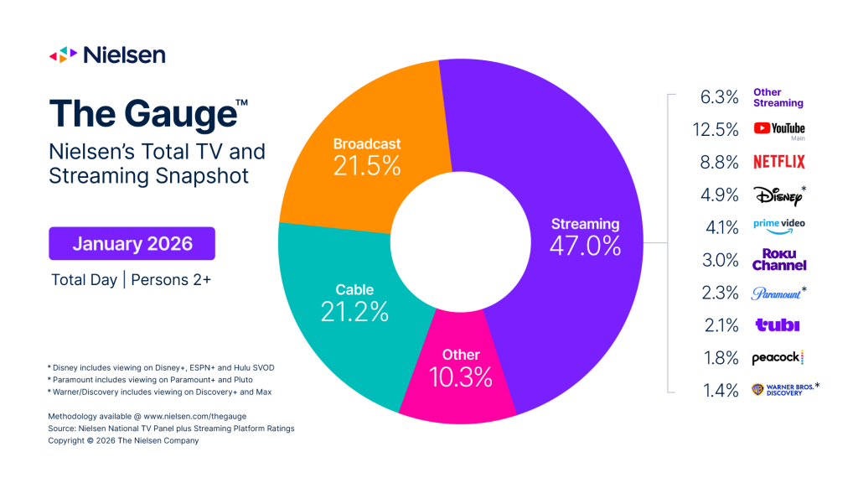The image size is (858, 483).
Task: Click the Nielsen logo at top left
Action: tap(106, 55)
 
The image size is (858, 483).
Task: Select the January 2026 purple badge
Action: tap(132, 244)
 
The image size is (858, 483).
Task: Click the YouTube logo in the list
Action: tap(778, 129)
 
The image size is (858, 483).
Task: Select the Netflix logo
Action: tap(778, 161)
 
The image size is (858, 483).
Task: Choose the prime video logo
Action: tap(778, 226)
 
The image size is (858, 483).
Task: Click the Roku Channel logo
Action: tap(778, 259)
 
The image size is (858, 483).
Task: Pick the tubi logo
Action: tap(777, 325)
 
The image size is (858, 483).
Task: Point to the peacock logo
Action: tap(778, 357)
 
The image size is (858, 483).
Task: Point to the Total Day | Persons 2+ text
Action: tap(131, 281)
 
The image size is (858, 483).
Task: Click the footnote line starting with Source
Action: tap(172, 428)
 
